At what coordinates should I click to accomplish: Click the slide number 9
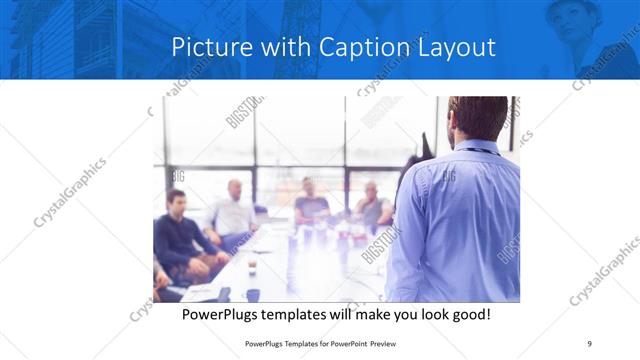click(590, 344)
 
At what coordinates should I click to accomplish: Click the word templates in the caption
click(307, 314)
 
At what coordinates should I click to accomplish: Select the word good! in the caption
click(469, 314)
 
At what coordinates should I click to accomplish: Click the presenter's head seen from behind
click(478, 117)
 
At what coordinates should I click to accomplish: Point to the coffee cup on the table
click(251, 267)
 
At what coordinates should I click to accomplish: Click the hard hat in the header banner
click(579, 10)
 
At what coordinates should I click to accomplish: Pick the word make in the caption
click(363, 314)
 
